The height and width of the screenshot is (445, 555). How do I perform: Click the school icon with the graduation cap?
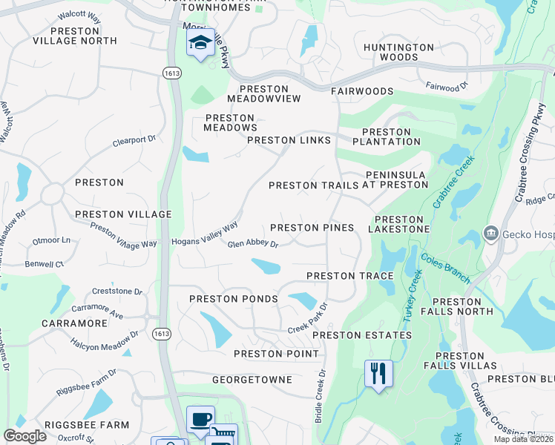click(200, 43)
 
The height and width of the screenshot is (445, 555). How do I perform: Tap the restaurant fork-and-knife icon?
click(378, 374)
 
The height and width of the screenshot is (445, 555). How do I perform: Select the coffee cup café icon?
click(200, 420)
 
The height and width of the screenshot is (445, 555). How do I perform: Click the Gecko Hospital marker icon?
click(490, 234)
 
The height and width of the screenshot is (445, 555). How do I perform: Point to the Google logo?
click(24, 436)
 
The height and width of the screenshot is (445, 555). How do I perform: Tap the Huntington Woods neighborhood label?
click(398, 52)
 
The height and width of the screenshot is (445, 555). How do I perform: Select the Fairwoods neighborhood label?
click(362, 91)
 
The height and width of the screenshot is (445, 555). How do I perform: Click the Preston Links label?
click(289, 140)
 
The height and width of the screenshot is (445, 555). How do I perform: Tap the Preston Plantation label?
click(387, 136)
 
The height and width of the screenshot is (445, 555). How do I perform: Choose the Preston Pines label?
click(312, 228)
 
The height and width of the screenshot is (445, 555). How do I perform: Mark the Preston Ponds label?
click(233, 299)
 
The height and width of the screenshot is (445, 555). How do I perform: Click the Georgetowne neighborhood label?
click(252, 379)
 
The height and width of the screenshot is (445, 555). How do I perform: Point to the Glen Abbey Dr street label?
click(252, 244)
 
